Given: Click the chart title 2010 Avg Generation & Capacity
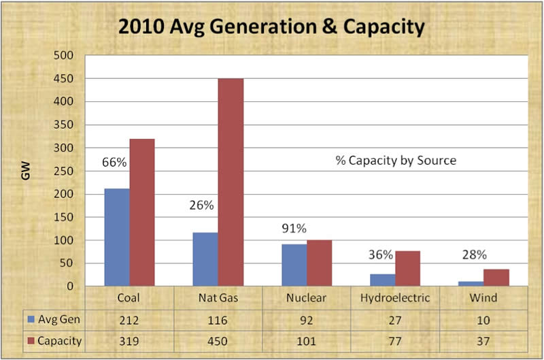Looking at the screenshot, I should point(271,27).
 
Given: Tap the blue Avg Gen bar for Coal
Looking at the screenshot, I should point(116,238).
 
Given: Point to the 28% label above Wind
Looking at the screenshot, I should point(474,255).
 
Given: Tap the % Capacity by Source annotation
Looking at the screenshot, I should point(395,161).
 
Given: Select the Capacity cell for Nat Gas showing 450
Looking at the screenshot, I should point(217,341).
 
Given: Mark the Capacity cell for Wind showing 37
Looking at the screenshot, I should point(483,341).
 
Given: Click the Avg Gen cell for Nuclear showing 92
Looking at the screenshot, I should point(305,319).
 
